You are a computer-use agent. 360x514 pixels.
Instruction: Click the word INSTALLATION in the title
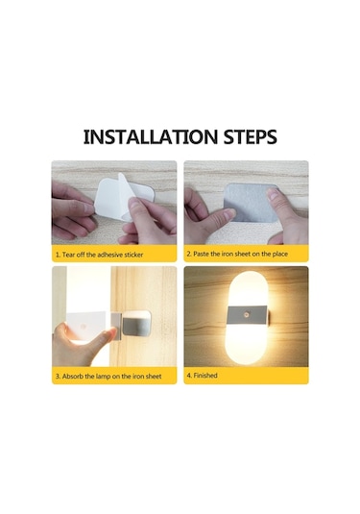(151, 137)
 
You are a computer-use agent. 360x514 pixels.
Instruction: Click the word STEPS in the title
(251, 137)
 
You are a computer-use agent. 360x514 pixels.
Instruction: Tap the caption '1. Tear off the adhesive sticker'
(99, 255)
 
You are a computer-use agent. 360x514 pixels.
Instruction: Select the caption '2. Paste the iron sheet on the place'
(237, 254)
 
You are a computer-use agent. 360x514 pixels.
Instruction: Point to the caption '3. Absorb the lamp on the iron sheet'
(108, 377)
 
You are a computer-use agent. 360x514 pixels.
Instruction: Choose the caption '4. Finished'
(203, 376)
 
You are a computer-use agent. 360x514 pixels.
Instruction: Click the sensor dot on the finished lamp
(247, 315)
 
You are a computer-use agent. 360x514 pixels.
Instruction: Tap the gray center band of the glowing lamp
(248, 315)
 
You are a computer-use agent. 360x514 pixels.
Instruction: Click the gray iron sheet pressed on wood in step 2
(251, 202)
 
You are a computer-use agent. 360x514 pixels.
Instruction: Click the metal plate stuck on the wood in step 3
(137, 323)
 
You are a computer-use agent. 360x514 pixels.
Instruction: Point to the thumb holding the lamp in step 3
(106, 335)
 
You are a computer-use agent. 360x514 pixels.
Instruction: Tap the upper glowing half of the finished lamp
(248, 289)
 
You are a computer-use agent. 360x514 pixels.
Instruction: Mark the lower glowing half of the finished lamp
(248, 344)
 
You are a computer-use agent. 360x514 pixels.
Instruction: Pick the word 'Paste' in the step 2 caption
(201, 254)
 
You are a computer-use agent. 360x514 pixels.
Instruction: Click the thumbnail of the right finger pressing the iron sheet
(272, 195)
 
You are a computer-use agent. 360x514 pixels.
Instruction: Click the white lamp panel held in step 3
(86, 326)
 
